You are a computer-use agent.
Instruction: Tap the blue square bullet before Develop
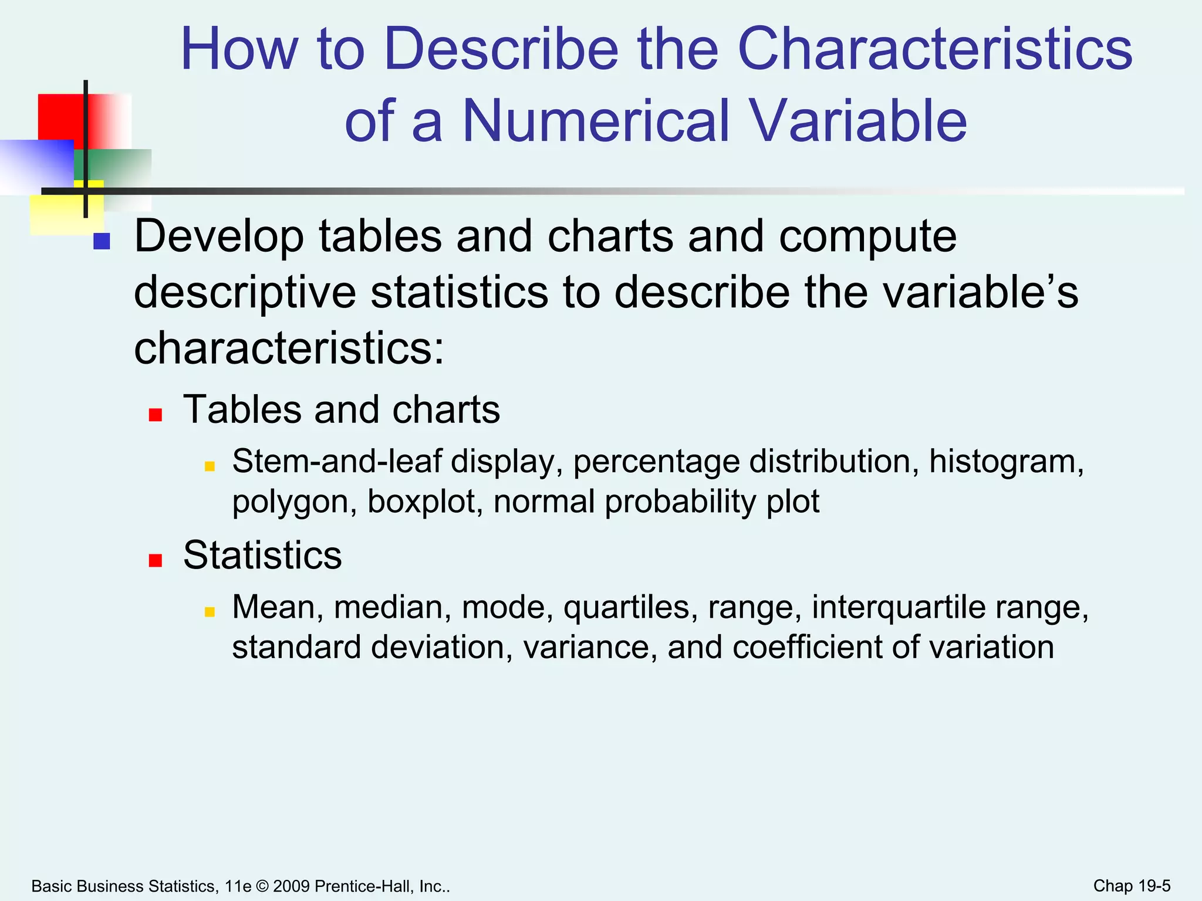(x=102, y=241)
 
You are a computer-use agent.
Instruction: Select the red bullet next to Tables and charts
(x=155, y=415)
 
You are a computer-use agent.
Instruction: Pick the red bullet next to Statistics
(x=155, y=561)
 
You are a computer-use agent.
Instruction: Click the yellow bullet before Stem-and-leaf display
(x=210, y=467)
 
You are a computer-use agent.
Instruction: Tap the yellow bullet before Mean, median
(x=210, y=612)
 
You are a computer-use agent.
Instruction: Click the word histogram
(x=1006, y=462)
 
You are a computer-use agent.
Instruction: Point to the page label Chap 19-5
(x=1132, y=886)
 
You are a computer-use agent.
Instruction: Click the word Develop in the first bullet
(x=219, y=236)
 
